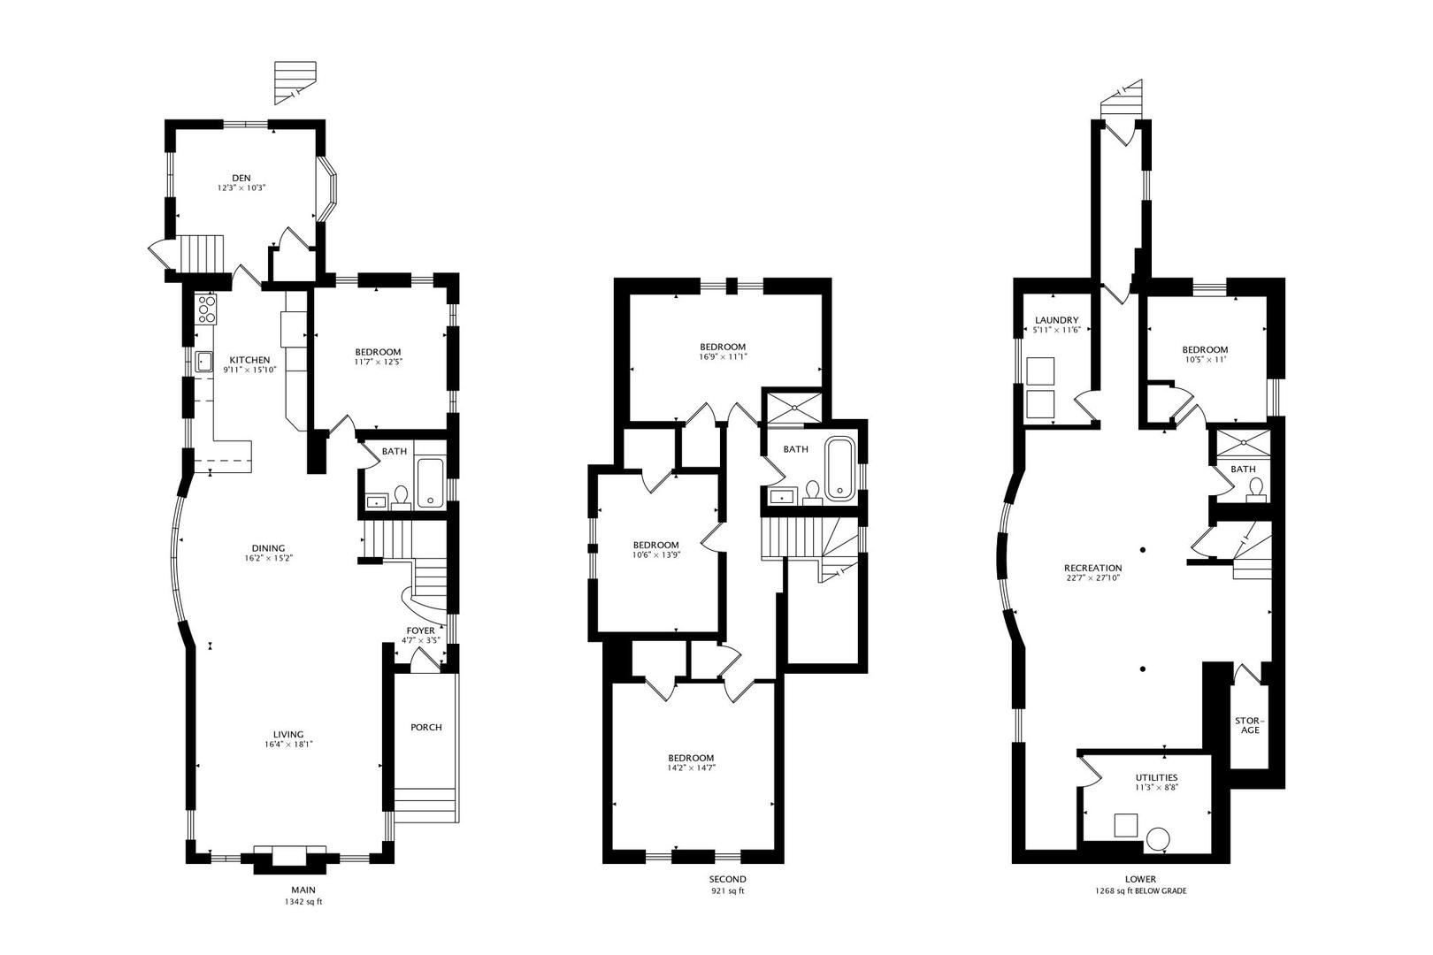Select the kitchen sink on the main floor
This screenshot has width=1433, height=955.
tap(203, 361)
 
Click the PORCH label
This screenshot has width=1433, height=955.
tap(426, 728)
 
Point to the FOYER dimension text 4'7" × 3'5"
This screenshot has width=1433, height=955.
tap(420, 640)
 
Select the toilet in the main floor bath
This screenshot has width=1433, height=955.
tap(401, 497)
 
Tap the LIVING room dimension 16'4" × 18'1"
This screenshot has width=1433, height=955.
tap(288, 745)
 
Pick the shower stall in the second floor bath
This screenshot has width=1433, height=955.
tap(793, 408)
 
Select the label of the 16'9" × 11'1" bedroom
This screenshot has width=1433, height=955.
tap(723, 347)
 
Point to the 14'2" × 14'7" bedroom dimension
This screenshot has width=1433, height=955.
tap(691, 768)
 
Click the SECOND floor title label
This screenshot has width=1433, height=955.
tap(727, 879)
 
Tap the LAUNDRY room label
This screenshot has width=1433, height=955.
tap(1056, 320)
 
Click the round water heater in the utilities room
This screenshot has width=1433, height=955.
tap(1158, 839)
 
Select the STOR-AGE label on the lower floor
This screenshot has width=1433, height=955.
tap(1247, 724)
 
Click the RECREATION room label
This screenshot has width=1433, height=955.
tap(1092, 568)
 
